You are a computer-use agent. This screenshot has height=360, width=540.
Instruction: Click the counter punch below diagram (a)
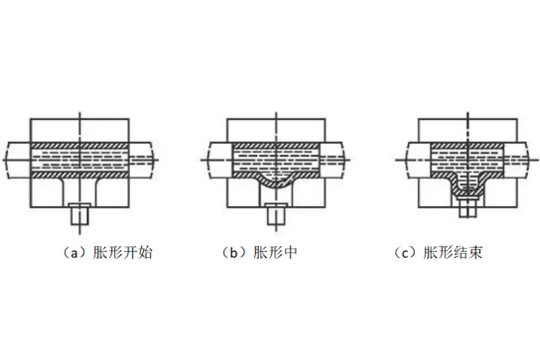tap(80, 214)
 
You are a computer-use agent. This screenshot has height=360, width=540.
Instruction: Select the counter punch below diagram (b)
tap(275, 214)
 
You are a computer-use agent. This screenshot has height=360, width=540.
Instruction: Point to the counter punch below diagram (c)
tap(466, 207)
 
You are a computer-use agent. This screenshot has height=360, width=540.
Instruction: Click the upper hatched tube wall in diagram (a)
tap(80, 146)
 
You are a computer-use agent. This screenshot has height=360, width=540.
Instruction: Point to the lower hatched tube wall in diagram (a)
tap(80, 174)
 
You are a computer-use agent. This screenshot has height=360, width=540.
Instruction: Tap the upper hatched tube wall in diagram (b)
tap(275, 146)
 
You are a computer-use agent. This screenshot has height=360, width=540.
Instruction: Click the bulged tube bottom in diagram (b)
tap(275, 181)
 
